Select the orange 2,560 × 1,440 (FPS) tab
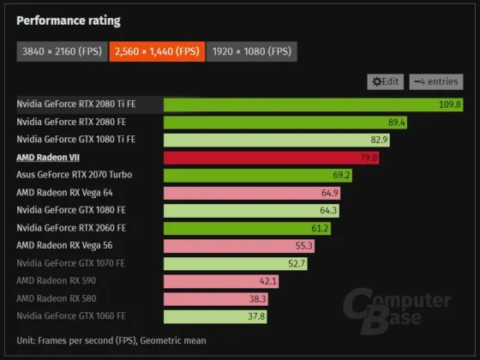pyautogui.click(x=157, y=52)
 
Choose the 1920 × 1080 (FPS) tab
pyautogui.click(x=252, y=52)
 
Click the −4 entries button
pyautogui.click(x=435, y=81)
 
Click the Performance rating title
pyautogui.click(x=69, y=21)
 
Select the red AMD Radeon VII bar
pyautogui.click(x=271, y=157)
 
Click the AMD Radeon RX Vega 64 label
pyautogui.click(x=64, y=193)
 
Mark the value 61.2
pyautogui.click(x=320, y=228)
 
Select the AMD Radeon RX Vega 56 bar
pyautogui.click(x=240, y=246)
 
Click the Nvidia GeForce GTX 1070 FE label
pyautogui.click(x=71, y=263)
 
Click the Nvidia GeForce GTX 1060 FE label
pyautogui.click(x=71, y=316)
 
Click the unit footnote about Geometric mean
pyautogui.click(x=111, y=340)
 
